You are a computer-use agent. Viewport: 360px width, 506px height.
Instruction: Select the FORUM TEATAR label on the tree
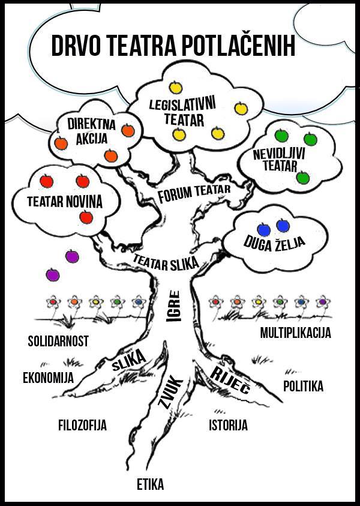pyautogui.click(x=194, y=193)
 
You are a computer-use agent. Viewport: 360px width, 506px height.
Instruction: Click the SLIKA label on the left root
pyautogui.click(x=128, y=360)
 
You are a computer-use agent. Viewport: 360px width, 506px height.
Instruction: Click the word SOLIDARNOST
pyautogui.click(x=58, y=341)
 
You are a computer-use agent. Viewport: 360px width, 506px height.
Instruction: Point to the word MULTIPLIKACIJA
pyautogui.click(x=295, y=332)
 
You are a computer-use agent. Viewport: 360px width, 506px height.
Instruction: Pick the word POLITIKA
pyautogui.click(x=303, y=386)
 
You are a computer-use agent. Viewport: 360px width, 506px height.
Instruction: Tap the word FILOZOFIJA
pyautogui.click(x=82, y=426)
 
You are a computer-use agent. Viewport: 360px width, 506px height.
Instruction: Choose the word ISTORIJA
pyautogui.click(x=228, y=426)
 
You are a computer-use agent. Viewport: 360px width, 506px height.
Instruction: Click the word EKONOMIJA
pyautogui.click(x=48, y=378)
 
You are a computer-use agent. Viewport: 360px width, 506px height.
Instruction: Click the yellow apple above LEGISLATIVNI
pyautogui.click(x=176, y=88)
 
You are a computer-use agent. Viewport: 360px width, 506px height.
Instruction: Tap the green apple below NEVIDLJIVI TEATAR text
pyautogui.click(x=303, y=178)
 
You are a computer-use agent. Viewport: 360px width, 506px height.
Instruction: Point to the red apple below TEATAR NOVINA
pyautogui.click(x=86, y=217)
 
